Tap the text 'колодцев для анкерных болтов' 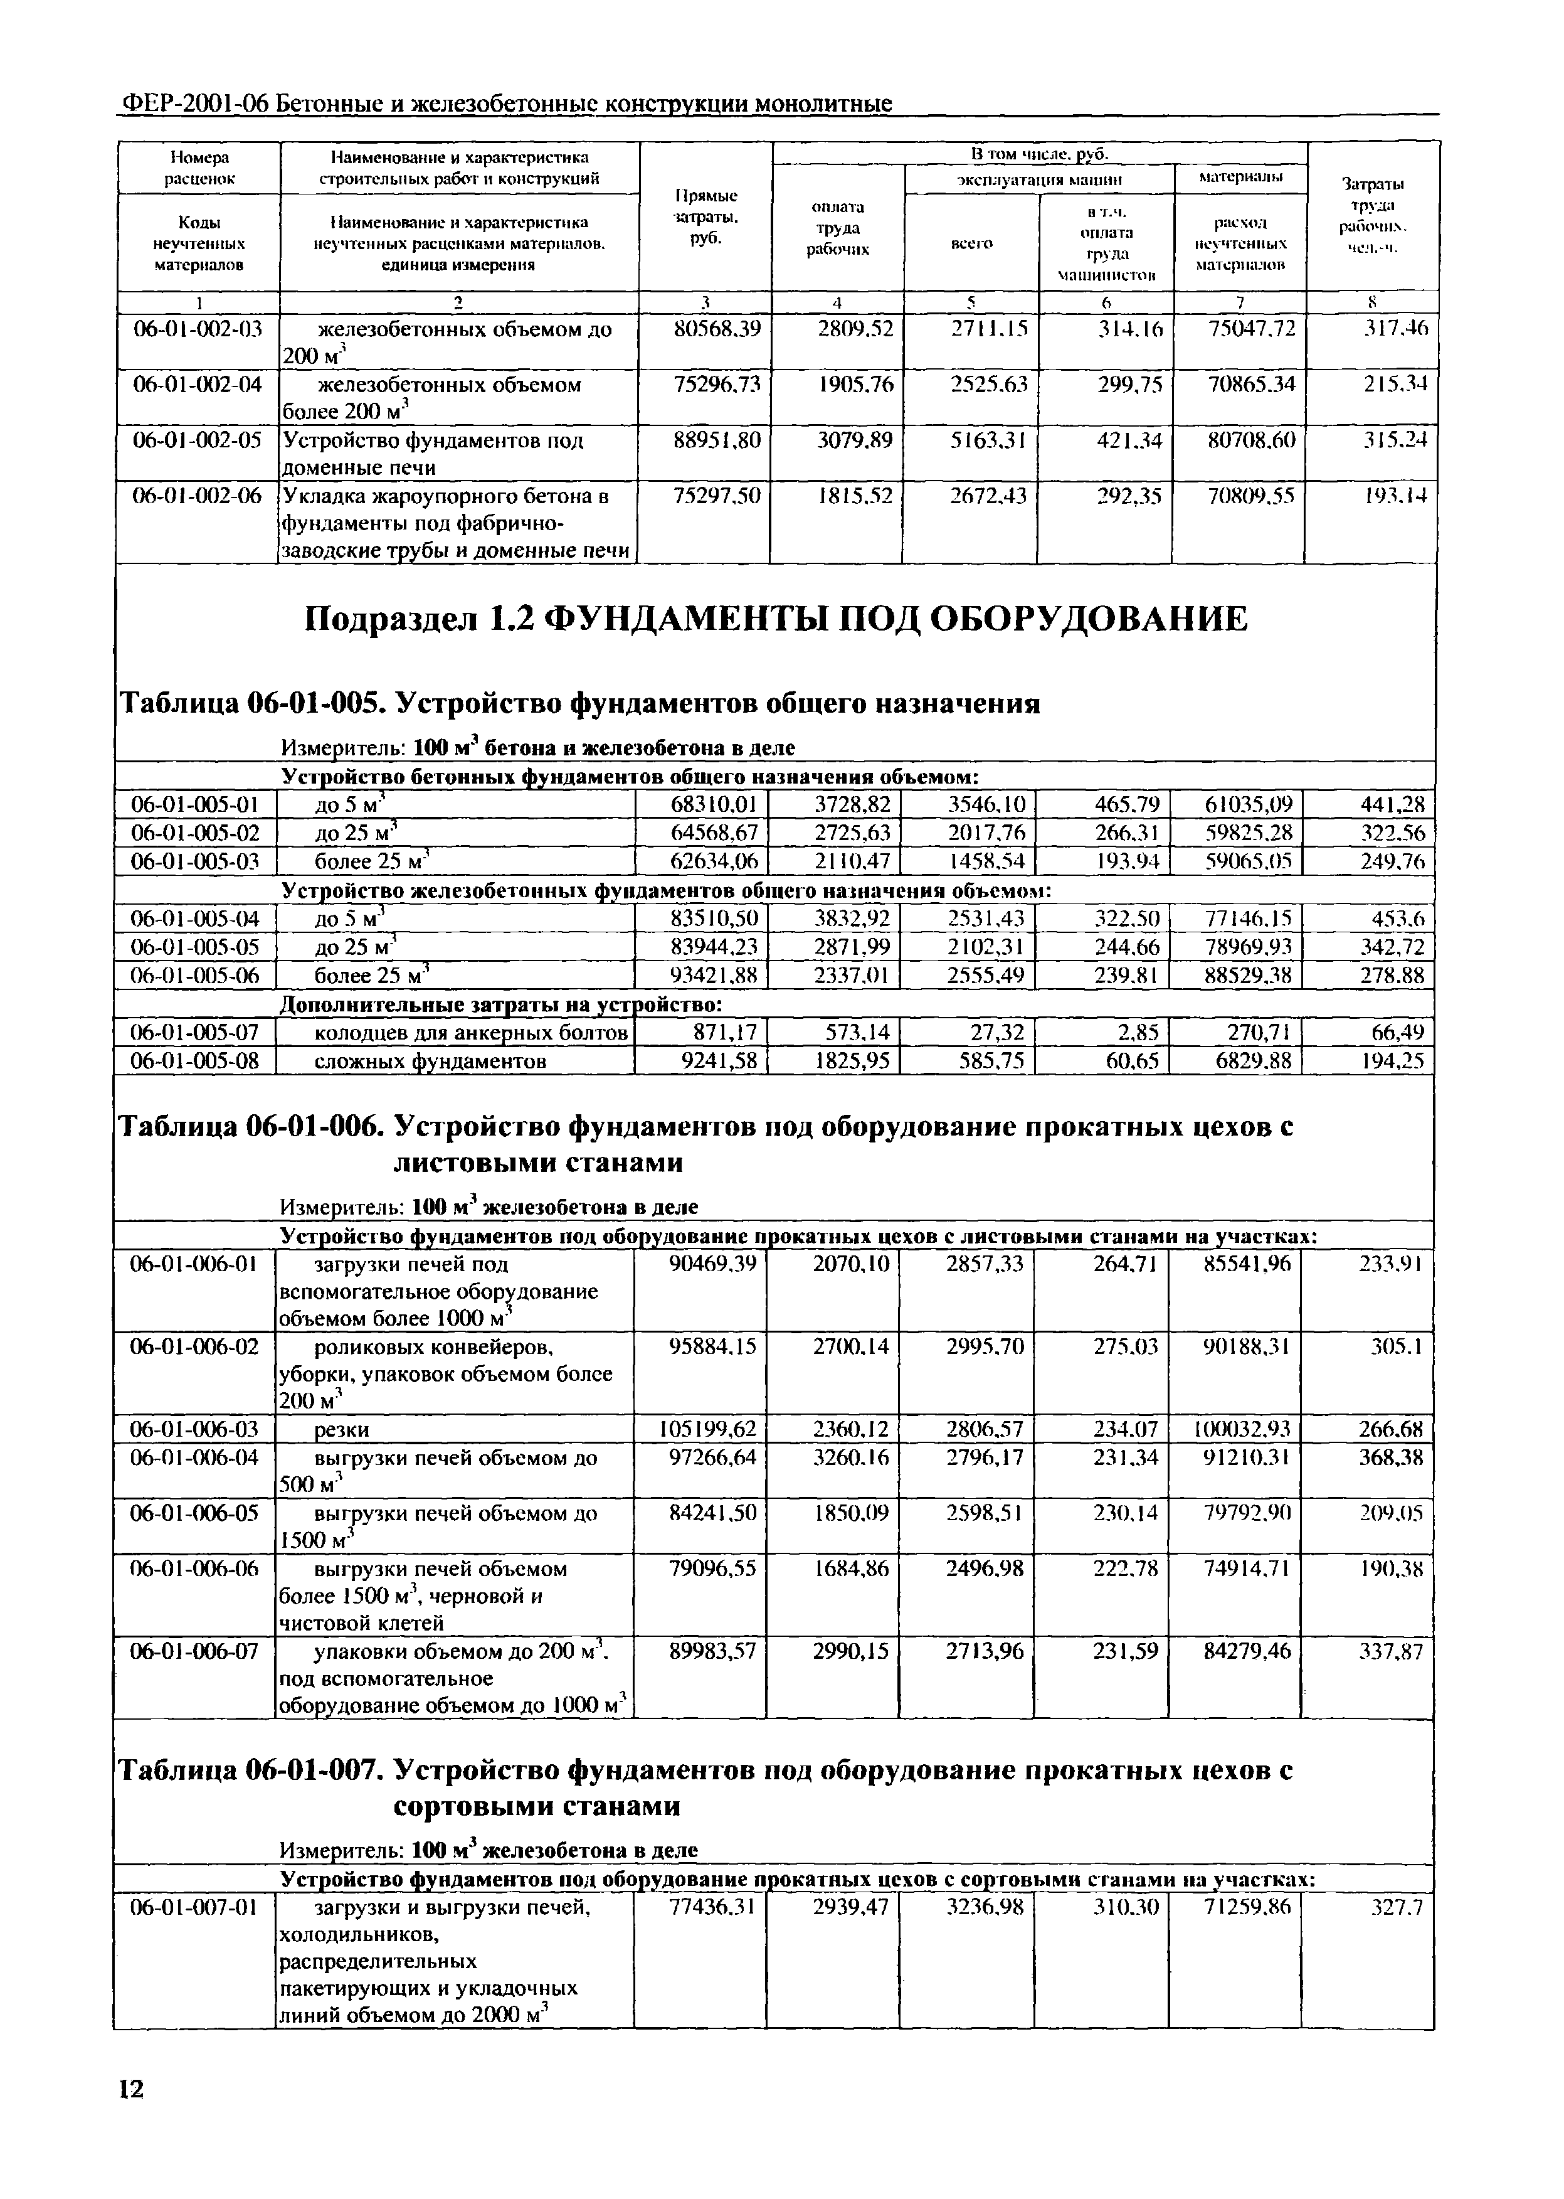[x=472, y=1033]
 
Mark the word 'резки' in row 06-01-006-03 [x=343, y=1429]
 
